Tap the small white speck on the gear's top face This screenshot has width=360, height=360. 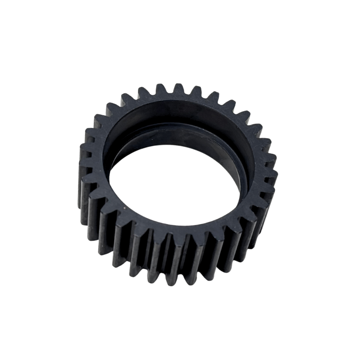(124, 208)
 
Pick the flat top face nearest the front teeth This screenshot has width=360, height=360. (173, 230)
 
